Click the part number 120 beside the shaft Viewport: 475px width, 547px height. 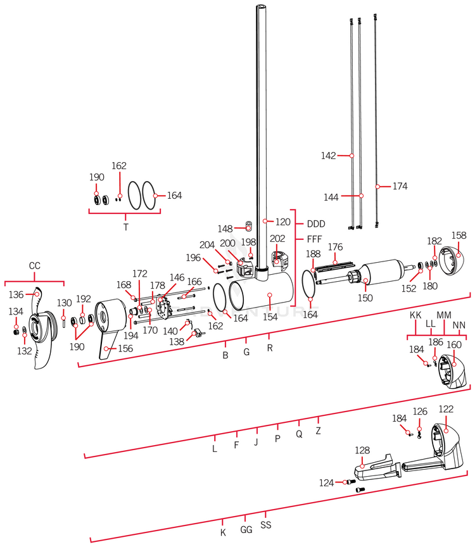click(x=283, y=222)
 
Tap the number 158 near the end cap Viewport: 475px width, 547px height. click(x=459, y=236)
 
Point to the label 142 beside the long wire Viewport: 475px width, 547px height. click(x=328, y=155)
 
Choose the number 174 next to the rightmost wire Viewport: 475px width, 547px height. click(x=400, y=187)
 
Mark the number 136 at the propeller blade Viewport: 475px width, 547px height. click(x=15, y=294)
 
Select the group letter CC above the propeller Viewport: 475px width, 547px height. click(x=34, y=266)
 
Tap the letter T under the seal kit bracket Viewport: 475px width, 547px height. click(x=125, y=225)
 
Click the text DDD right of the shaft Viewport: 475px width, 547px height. click(x=316, y=223)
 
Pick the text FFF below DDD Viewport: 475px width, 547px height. click(x=315, y=239)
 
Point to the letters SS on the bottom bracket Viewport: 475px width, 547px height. click(x=266, y=525)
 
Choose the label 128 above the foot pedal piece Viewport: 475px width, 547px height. click(x=362, y=450)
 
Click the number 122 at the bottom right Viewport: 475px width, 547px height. click(x=446, y=409)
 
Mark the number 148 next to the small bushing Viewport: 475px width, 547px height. click(x=225, y=229)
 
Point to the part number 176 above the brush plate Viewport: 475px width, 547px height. click(x=335, y=246)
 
